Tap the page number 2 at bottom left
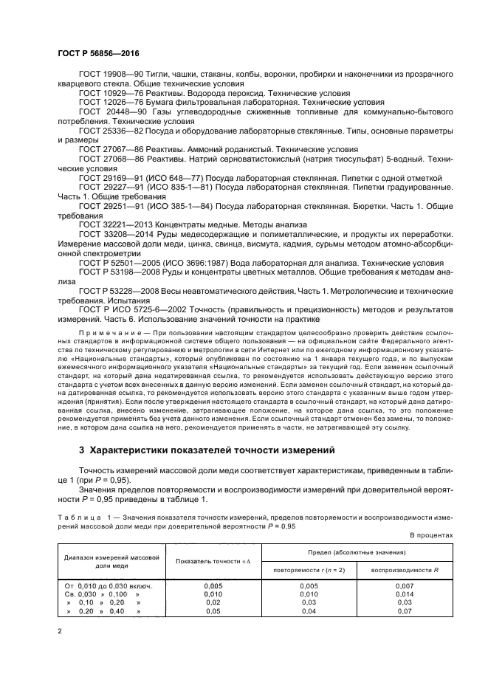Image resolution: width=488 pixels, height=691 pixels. coord(60,632)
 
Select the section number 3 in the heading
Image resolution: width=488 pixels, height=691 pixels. coord(82,450)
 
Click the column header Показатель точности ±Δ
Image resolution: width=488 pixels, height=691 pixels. coord(213,561)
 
